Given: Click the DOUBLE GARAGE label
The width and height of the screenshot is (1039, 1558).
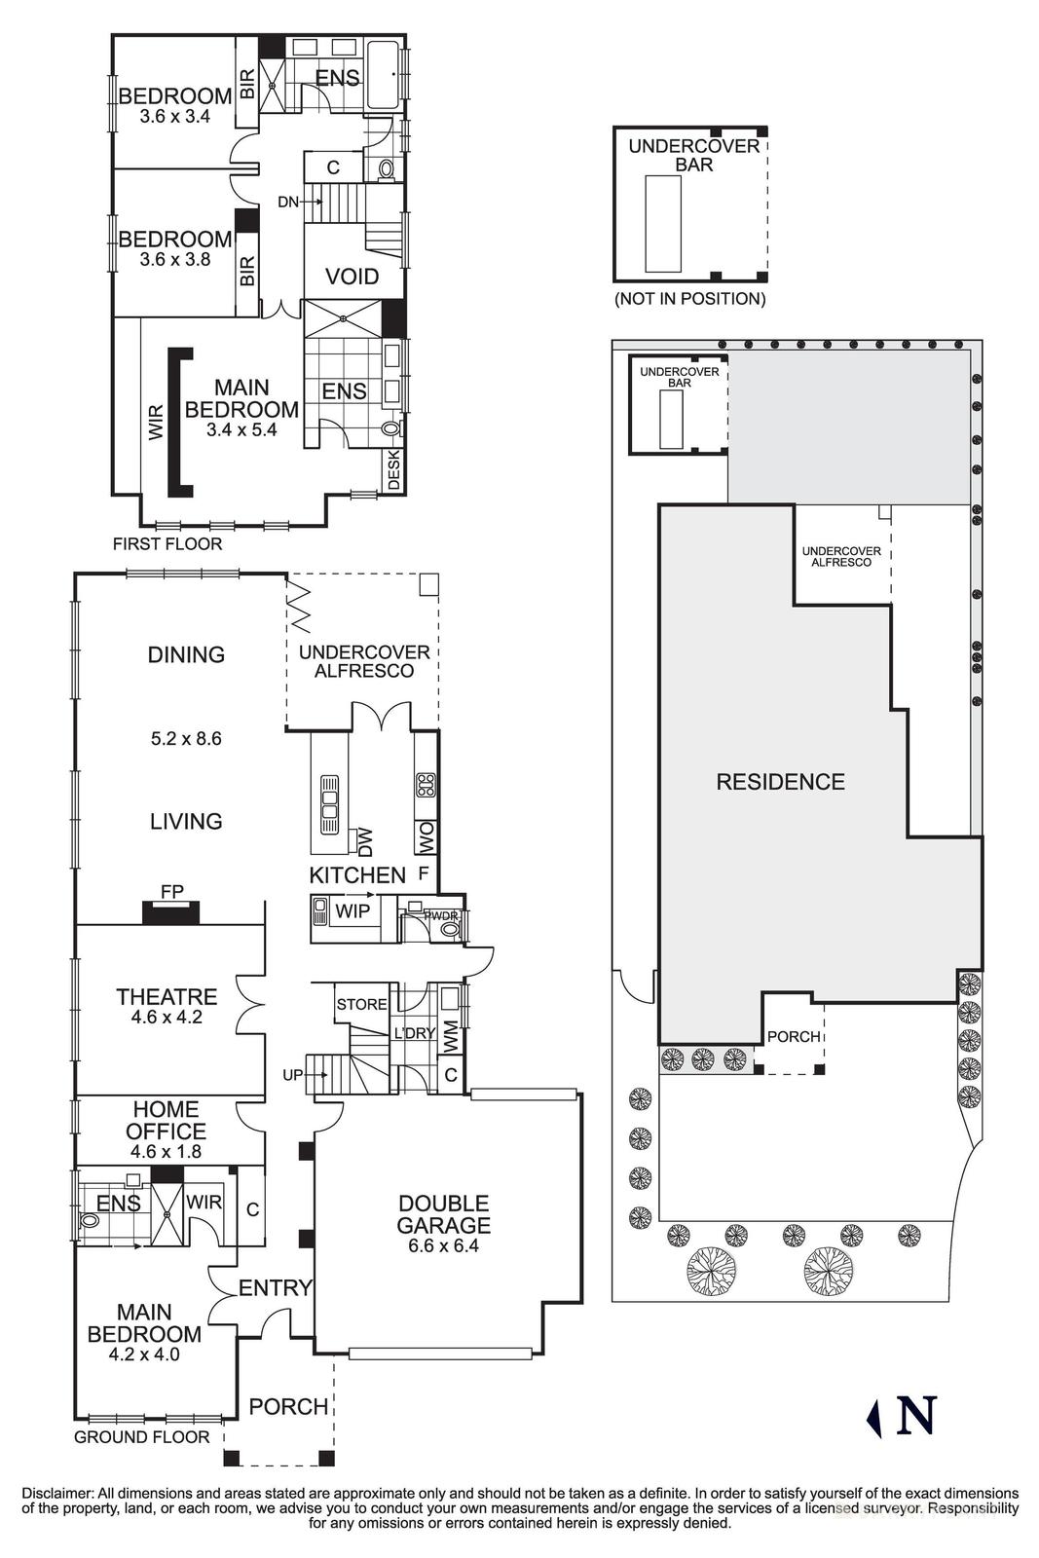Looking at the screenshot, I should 443,1214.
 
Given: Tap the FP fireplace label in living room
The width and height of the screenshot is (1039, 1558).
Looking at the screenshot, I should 171,890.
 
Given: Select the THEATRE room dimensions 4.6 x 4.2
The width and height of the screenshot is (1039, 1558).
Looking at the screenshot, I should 167,1018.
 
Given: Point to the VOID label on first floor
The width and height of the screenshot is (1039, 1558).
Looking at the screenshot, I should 352,277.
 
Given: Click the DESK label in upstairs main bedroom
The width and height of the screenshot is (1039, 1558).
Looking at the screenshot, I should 394,470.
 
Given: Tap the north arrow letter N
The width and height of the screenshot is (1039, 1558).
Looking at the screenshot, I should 915,1415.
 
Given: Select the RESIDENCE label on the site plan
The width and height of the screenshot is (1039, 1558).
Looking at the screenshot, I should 780,781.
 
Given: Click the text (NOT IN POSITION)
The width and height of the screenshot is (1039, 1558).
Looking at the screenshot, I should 689,299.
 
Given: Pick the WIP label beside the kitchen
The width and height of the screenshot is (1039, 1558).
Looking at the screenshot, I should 351,912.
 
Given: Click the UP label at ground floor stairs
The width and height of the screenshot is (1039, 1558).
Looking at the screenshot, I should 292,1075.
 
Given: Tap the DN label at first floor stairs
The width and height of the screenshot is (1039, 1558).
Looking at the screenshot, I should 288,202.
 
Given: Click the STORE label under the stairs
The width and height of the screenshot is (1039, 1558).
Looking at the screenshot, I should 361,1004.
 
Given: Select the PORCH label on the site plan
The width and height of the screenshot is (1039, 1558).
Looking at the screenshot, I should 794,1036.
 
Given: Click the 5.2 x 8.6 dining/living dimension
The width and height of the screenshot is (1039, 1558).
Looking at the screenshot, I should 186,738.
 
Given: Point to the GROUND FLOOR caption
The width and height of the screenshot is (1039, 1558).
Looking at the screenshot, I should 142,1436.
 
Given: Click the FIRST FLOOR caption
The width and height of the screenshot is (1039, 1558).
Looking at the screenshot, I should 167,543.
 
